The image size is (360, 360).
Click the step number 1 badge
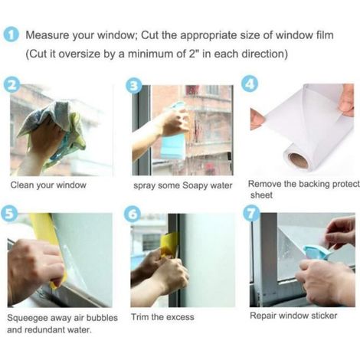(x=11, y=35)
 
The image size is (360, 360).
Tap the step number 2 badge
(x=11, y=85)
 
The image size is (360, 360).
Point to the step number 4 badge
(x=250, y=84)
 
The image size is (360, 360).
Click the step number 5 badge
(x=9, y=213)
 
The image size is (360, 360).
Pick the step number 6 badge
(x=133, y=214)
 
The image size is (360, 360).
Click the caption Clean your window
(x=48, y=185)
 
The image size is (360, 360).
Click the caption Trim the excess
(x=162, y=317)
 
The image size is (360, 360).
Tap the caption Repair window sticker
(x=293, y=316)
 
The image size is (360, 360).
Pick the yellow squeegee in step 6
(x=169, y=244)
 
